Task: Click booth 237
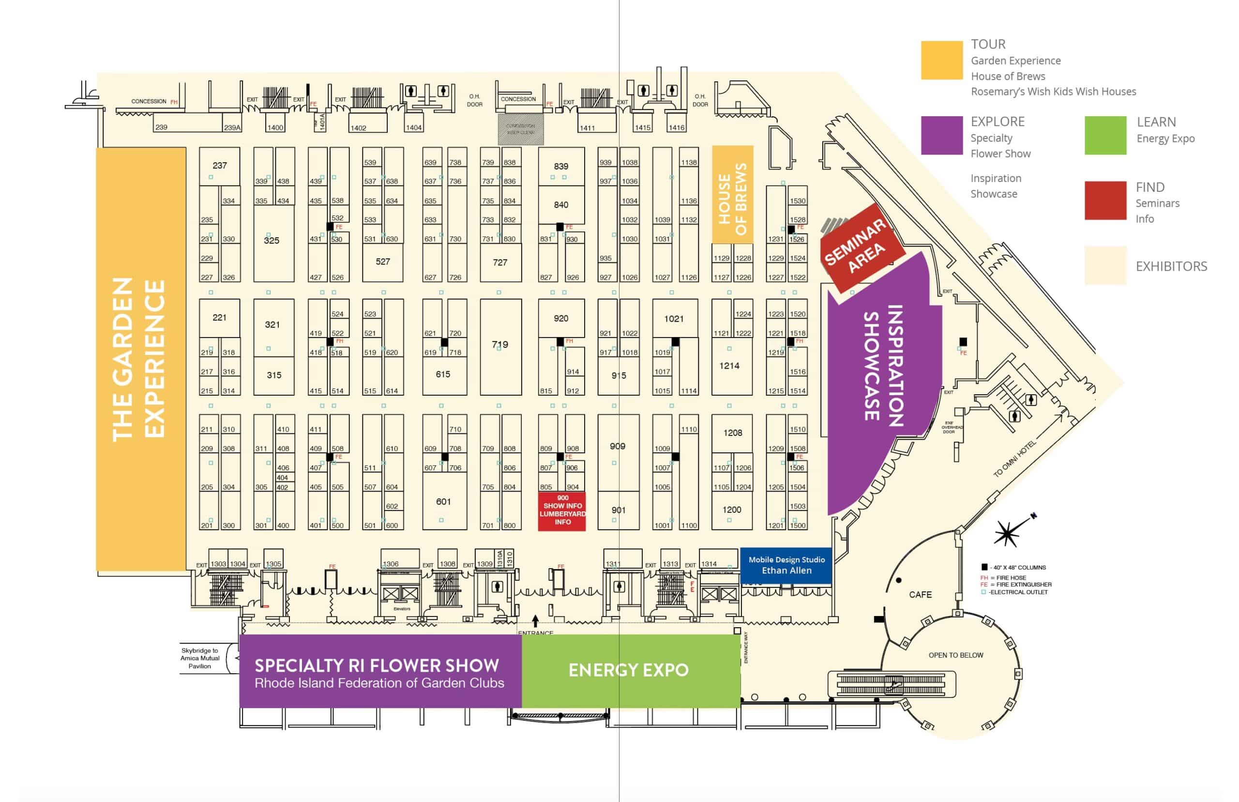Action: pos(219,166)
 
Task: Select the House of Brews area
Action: pos(732,195)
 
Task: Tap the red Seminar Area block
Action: pos(861,247)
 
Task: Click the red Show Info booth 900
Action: pos(561,511)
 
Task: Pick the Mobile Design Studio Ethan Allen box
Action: pos(786,565)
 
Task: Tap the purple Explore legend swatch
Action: pos(941,136)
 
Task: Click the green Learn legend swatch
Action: pos(1105,136)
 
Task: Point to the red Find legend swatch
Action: pos(1105,200)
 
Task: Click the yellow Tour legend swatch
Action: pos(941,61)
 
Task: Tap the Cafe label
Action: pos(920,594)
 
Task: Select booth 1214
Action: pos(728,366)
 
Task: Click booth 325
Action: pos(271,241)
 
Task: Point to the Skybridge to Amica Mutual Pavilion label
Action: pos(200,658)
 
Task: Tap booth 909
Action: pos(617,447)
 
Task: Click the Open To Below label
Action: pos(955,655)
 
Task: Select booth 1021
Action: pos(673,319)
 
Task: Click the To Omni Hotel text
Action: pos(1014,459)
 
